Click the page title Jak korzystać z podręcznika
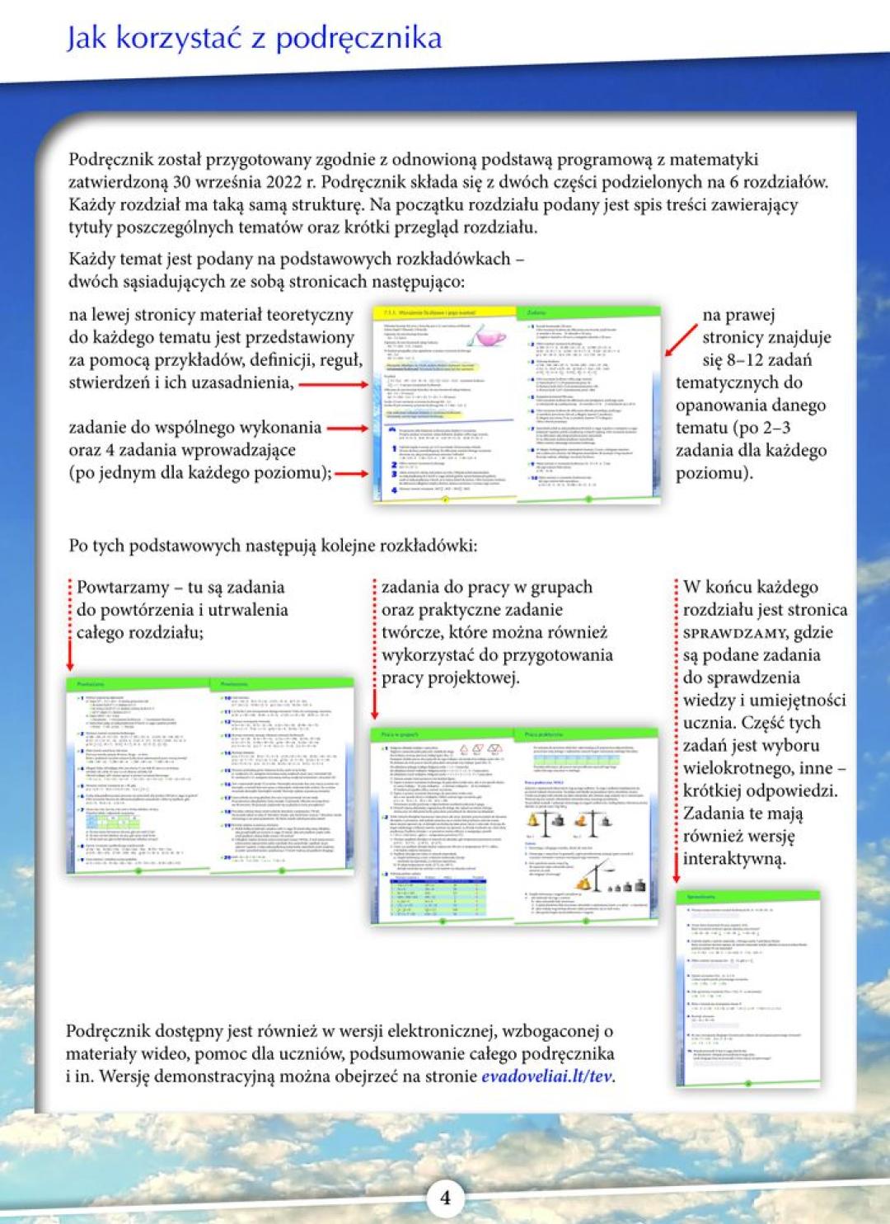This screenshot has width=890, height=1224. click(254, 39)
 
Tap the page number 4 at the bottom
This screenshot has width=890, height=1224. click(445, 1197)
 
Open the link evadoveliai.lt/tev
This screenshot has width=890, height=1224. click(547, 1076)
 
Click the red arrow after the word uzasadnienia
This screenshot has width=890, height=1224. click(332, 384)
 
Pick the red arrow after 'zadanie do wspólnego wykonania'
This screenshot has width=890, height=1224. click(346, 428)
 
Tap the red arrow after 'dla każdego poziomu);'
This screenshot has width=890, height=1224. click(351, 473)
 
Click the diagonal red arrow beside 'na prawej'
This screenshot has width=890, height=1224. click(681, 340)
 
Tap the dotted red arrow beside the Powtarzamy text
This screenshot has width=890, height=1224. click(70, 626)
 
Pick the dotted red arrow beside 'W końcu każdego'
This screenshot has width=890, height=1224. click(676, 734)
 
